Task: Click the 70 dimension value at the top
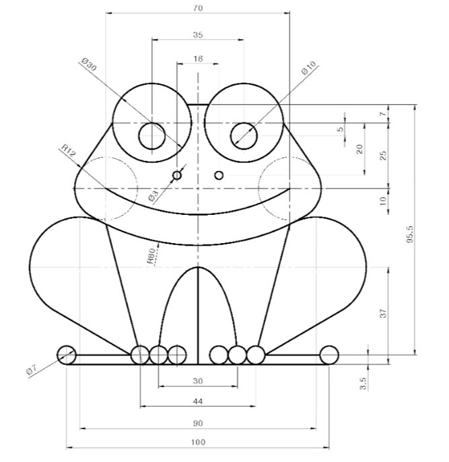pos(198,8)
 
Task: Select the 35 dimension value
pos(198,35)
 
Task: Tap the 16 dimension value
pos(198,59)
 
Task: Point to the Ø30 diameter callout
pos(89,65)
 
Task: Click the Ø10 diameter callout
pos(308,68)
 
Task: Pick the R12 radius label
pos(69,150)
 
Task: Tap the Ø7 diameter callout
pos(31,370)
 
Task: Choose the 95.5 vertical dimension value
pos(410,234)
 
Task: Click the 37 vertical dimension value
pos(383,313)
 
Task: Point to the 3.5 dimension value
pos(363,384)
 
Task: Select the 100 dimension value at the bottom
pos(198,442)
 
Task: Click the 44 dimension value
pos(198,401)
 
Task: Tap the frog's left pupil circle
pos(152,136)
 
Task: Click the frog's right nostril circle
pos(219,176)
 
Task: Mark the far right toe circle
pos(329,356)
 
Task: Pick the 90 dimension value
pos(198,424)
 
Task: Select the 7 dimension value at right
pos(382,113)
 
